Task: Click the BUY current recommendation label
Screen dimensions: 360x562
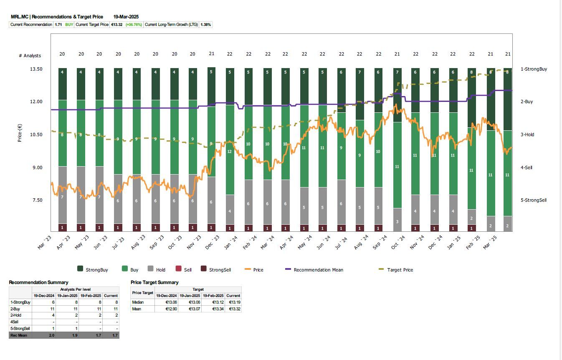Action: tap(69, 25)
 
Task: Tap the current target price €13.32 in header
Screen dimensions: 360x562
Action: tap(116, 25)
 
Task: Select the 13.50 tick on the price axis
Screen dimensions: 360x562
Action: tap(37, 69)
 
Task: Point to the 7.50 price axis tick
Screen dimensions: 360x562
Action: tap(37, 200)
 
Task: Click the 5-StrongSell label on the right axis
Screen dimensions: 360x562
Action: tap(533, 200)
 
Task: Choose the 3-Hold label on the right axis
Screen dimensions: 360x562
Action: tap(527, 134)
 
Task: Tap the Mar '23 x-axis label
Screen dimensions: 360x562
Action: tap(44, 243)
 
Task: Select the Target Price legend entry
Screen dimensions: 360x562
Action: tap(400, 270)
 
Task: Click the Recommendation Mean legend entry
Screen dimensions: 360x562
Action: tap(318, 270)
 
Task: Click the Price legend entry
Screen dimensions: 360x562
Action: tap(258, 270)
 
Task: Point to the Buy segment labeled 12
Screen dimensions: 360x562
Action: tap(229, 152)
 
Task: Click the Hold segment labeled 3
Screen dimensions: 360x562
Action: tap(397, 221)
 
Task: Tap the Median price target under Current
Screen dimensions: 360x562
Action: tap(233, 302)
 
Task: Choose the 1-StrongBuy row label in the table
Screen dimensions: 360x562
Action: tap(20, 302)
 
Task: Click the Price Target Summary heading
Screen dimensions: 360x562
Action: tap(154, 282)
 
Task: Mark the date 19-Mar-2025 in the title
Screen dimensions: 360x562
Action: tap(126, 17)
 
